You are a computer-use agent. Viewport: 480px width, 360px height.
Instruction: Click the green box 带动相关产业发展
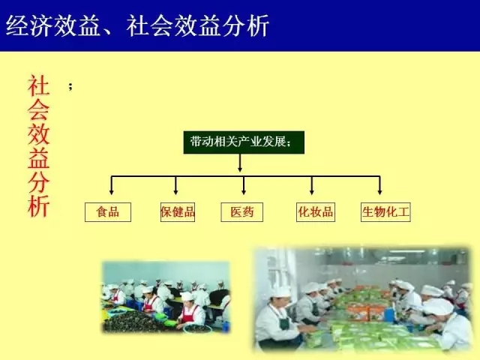coord(244,142)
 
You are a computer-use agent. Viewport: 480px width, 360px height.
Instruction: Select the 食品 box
coord(108,211)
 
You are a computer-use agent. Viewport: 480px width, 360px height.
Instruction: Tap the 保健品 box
coord(178,211)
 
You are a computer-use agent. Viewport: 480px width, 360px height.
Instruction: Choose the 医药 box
coord(241,211)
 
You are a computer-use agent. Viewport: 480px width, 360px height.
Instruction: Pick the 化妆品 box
coord(316,211)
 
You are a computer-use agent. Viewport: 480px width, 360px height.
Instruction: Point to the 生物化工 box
coord(385,211)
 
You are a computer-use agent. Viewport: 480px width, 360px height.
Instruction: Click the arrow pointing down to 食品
coord(112,185)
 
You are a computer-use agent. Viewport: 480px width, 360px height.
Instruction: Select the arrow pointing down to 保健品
coord(175,185)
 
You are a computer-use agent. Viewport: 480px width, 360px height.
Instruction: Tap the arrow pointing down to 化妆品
coord(312,185)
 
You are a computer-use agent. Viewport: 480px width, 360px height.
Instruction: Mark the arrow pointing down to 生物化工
coord(379,185)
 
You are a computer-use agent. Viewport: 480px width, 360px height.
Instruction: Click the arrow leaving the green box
coord(240,163)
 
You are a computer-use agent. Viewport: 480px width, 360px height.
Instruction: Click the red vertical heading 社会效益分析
coord(38,146)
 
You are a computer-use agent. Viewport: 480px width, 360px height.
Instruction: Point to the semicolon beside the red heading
coord(70,87)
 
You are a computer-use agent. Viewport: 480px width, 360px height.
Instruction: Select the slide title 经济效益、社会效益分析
coord(137,25)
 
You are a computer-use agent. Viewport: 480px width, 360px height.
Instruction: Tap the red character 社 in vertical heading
coord(38,86)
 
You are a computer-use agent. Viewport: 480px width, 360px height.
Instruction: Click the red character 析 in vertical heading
coord(38,205)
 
